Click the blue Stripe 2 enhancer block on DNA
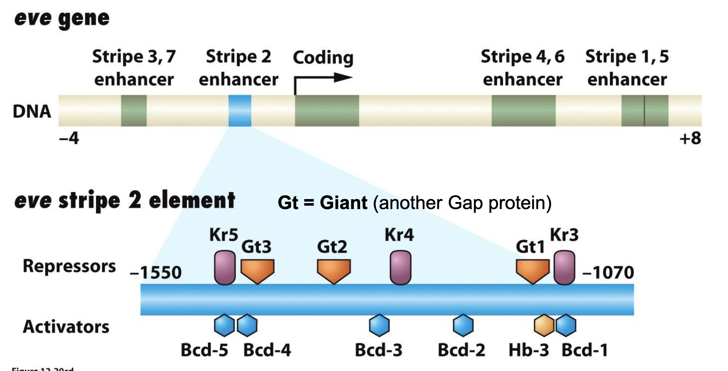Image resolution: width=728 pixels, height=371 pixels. pyautogui.click(x=240, y=111)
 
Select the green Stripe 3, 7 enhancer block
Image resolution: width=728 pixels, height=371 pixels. pyautogui.click(x=134, y=111)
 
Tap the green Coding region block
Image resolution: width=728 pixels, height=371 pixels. pyautogui.click(x=327, y=111)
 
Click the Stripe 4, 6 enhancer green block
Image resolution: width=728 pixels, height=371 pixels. pyautogui.click(x=523, y=111)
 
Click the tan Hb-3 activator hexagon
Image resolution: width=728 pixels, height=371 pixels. pyautogui.click(x=544, y=325)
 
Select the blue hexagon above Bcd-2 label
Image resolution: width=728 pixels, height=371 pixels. pyautogui.click(x=463, y=325)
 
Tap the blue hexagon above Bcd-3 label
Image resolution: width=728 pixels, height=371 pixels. pyautogui.click(x=379, y=325)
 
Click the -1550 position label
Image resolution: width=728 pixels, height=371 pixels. pyautogui.click(x=155, y=273)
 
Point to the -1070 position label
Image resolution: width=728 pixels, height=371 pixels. pyautogui.click(x=608, y=273)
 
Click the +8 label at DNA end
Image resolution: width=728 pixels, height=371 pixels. pyautogui.click(x=690, y=138)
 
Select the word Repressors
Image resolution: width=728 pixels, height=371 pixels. pyautogui.click(x=69, y=266)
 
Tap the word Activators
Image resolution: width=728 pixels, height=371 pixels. pyautogui.click(x=66, y=327)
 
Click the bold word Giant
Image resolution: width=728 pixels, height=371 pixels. pyautogui.click(x=343, y=202)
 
